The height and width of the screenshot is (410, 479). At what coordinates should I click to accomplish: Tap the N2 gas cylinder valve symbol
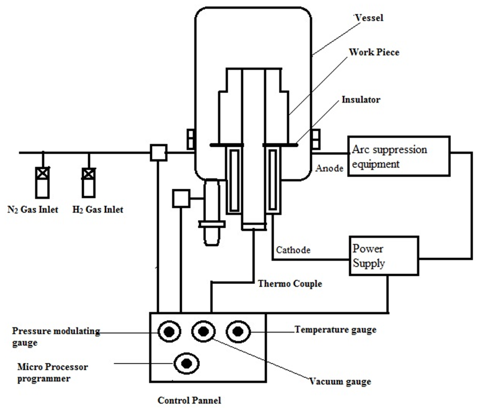click(42, 173)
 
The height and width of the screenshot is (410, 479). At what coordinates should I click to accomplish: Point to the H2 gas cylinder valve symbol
click(88, 174)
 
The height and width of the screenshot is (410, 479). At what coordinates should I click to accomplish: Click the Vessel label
click(369, 18)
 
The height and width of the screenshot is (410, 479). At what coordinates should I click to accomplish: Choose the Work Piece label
click(374, 52)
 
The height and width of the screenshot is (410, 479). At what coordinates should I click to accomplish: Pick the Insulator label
click(361, 100)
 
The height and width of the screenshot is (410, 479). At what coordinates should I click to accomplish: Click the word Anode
click(329, 168)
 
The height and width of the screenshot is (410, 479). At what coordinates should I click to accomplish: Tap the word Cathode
click(293, 250)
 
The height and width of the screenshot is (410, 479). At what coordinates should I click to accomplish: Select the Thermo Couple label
click(290, 284)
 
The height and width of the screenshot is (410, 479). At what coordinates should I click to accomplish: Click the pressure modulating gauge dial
click(169, 331)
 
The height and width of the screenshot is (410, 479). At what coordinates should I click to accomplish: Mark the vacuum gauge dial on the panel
click(204, 331)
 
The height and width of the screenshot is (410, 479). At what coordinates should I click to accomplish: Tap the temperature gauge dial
click(238, 331)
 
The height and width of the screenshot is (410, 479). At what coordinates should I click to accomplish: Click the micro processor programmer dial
click(186, 364)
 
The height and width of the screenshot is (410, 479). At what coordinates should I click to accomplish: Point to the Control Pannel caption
click(189, 400)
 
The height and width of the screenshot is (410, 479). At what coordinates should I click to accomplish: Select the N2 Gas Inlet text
click(33, 210)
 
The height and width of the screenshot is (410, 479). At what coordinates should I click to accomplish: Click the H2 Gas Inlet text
click(98, 210)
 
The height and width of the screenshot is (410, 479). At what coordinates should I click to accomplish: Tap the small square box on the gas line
click(158, 153)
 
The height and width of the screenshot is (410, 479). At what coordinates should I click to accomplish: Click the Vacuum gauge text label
click(340, 381)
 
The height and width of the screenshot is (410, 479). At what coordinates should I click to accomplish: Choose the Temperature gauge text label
click(336, 330)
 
